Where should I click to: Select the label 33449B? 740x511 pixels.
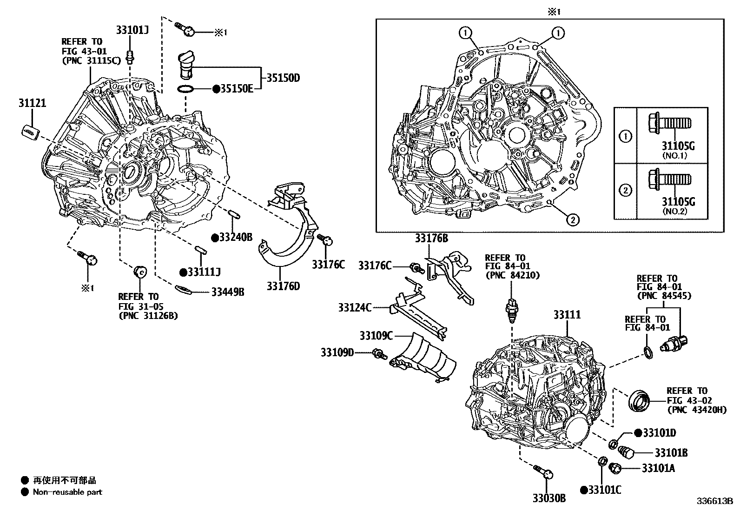(x=228, y=292)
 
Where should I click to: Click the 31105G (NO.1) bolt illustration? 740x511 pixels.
(x=670, y=124)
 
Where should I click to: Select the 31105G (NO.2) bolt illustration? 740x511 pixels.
(x=670, y=179)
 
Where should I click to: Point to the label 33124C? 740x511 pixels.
(x=355, y=307)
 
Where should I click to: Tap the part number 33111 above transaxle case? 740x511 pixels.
(x=567, y=315)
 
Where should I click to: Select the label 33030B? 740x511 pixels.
(x=549, y=498)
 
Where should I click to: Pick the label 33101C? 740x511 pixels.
(x=605, y=490)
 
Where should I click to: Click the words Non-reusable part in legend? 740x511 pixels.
(x=67, y=492)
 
